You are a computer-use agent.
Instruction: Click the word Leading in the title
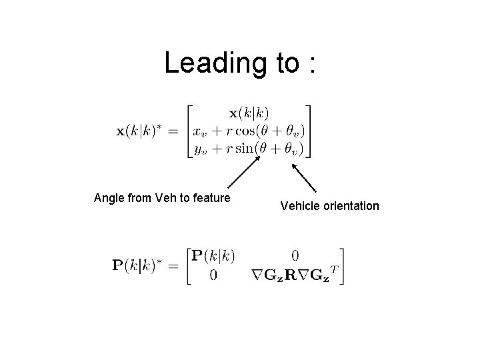click(210, 64)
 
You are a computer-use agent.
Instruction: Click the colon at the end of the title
click(311, 65)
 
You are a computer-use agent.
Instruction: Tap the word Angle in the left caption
click(109, 198)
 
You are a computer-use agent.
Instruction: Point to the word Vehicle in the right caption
click(299, 206)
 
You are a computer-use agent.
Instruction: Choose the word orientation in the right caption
click(349, 206)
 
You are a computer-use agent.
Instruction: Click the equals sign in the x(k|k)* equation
click(173, 131)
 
